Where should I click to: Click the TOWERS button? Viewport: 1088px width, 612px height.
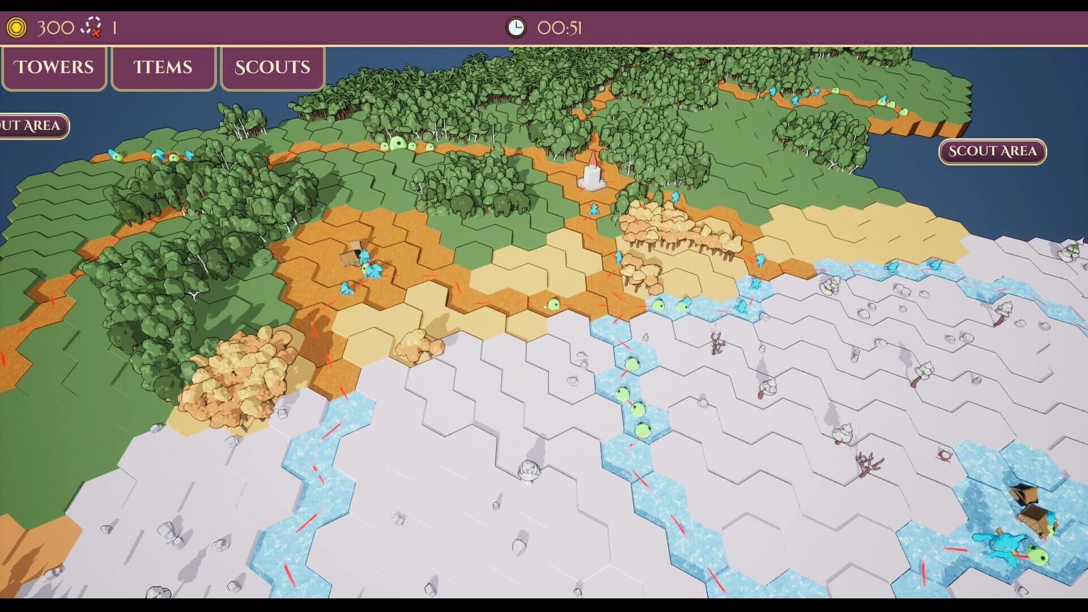click(x=54, y=67)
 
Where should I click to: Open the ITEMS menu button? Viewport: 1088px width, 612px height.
click(x=163, y=67)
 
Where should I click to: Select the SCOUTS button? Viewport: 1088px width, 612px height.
click(x=272, y=67)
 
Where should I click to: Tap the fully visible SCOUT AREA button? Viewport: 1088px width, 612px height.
click(x=992, y=151)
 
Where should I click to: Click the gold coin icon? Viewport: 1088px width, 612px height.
click(x=16, y=27)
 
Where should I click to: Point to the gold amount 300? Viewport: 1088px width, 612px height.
click(x=56, y=27)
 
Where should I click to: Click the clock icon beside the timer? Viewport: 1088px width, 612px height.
click(x=516, y=27)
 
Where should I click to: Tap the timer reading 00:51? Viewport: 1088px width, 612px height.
click(x=559, y=28)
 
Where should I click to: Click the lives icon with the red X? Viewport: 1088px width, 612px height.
click(x=91, y=27)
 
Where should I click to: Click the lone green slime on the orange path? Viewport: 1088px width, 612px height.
click(x=554, y=304)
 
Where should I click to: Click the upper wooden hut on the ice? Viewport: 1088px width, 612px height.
click(x=1023, y=495)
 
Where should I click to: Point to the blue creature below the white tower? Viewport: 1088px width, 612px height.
click(x=593, y=209)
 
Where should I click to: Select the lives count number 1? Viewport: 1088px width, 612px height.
click(x=114, y=28)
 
